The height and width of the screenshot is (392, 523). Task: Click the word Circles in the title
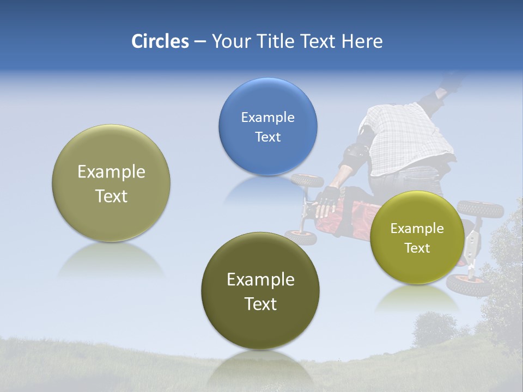[x=160, y=41]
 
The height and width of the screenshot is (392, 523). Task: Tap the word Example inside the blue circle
[x=267, y=117]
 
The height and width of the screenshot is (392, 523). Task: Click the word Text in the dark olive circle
[x=260, y=304]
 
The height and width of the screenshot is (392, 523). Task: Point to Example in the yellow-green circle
[x=417, y=229]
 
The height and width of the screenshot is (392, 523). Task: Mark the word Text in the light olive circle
[x=111, y=196]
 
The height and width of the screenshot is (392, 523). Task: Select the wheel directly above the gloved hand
[x=307, y=180]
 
